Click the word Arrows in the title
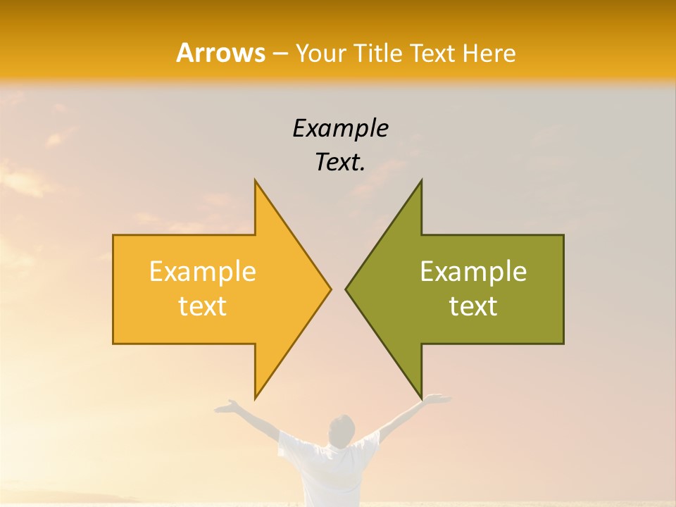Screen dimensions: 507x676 click(220, 53)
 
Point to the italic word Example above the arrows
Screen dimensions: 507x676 click(340, 129)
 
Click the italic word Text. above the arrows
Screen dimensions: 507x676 click(340, 162)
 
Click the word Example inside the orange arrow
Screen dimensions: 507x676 click(203, 272)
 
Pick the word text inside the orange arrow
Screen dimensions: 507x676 click(203, 306)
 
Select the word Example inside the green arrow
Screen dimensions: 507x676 click(473, 272)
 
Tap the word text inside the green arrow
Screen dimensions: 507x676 click(473, 306)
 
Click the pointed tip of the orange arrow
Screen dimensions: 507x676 click(330, 289)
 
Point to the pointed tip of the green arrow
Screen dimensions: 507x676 click(346, 289)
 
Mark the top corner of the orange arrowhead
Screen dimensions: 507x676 click(256, 180)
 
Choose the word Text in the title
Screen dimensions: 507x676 click(434, 54)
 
